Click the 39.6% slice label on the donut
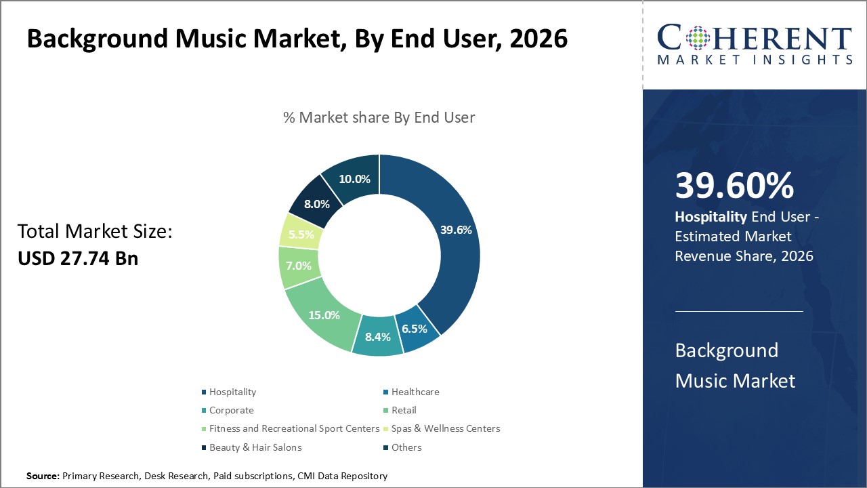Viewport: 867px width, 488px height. point(456,230)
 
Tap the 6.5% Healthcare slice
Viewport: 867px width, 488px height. point(415,329)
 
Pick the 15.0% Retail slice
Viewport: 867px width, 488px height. point(324,315)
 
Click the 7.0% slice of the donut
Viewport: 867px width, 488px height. point(298,266)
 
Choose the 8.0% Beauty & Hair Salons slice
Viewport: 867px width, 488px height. point(317,203)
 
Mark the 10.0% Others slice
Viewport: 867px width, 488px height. point(354,180)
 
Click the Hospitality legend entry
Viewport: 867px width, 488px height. point(232,392)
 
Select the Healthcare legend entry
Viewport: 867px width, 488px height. point(415,392)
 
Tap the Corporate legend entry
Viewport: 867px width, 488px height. point(231,410)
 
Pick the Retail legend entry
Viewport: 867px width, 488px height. point(404,410)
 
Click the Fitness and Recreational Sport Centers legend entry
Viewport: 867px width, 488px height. point(294,428)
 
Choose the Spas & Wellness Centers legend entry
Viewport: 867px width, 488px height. point(445,428)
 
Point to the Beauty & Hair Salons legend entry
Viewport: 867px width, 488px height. point(255,447)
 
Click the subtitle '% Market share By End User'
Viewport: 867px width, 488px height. point(379,117)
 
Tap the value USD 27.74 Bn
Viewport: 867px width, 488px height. point(78,258)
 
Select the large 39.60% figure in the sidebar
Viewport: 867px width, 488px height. point(734,185)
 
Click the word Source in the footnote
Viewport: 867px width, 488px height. point(43,476)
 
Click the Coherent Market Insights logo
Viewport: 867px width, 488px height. point(755,45)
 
